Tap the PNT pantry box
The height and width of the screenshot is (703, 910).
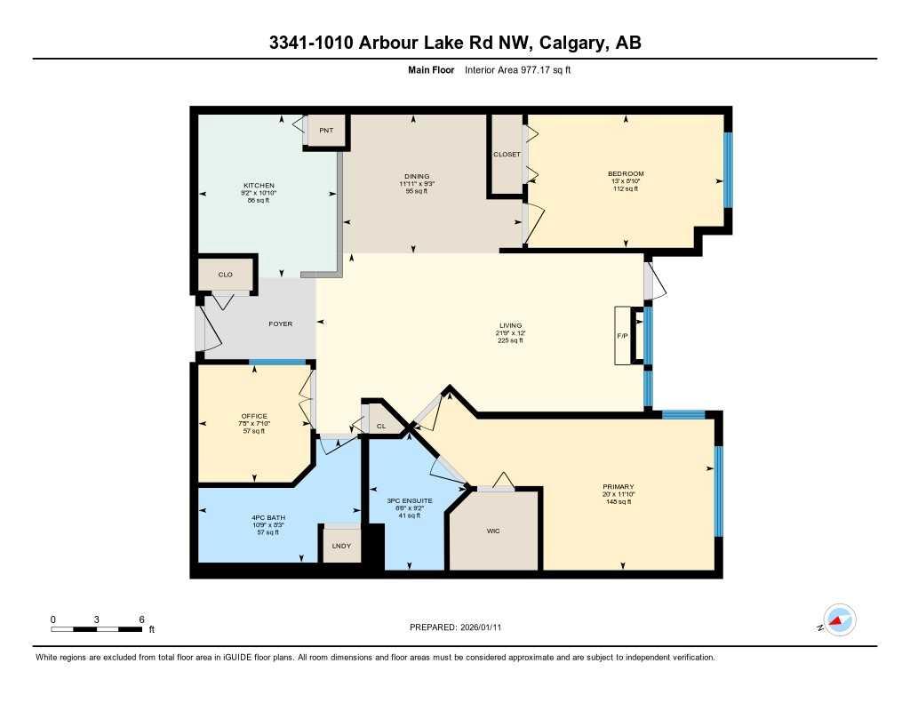[x=325, y=131]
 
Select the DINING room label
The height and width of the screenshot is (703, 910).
[x=416, y=176]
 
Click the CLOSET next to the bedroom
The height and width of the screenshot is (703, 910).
[x=507, y=154]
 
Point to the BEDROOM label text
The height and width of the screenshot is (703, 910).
[x=626, y=173]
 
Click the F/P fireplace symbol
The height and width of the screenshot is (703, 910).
[x=622, y=336]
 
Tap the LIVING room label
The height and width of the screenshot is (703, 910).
[x=510, y=326]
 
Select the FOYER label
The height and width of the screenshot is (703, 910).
[x=281, y=324]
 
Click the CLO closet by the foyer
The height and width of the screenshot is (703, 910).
[x=225, y=275]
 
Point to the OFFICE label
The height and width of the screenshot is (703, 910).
[x=254, y=416]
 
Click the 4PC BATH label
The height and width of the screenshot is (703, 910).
[x=267, y=517]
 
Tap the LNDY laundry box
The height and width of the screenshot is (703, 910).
[x=341, y=545]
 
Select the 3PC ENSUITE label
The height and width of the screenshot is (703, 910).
[x=410, y=501]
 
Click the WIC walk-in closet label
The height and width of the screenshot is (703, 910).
[x=494, y=531]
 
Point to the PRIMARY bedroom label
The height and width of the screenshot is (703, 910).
[x=619, y=487]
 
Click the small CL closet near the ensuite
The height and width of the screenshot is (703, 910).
[x=380, y=426]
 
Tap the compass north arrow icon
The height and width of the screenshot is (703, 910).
[x=837, y=619]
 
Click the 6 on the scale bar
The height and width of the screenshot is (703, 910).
[x=141, y=619]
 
